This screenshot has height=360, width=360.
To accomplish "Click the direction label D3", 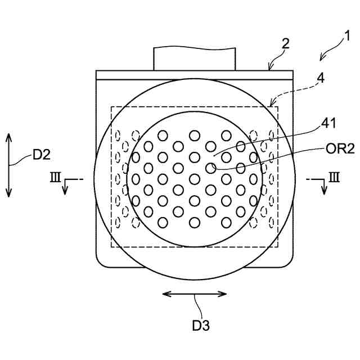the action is pyautogui.click(x=201, y=325).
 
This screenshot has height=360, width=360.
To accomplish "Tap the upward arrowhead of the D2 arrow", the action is pyautogui.click(x=8, y=137).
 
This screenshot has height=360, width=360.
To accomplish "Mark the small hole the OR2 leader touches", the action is pyautogui.click(x=210, y=168).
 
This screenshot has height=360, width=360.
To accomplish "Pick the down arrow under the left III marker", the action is pyautogui.click(x=65, y=190).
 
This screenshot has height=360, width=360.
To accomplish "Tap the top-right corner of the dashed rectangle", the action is pyautogui.click(x=280, y=106).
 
